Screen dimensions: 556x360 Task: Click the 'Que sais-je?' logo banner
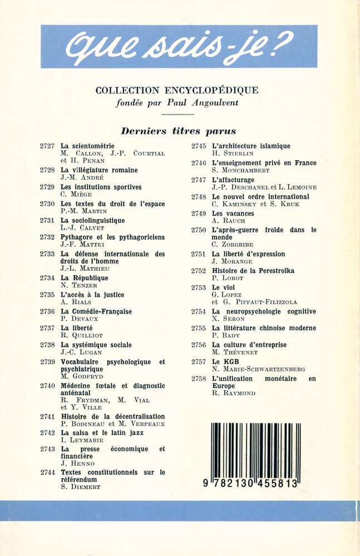(179, 46)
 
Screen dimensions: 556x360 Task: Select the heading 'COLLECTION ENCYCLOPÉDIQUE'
(177, 90)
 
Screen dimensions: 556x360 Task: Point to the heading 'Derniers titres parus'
(179, 131)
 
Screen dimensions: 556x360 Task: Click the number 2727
(47, 146)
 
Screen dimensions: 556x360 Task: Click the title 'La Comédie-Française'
(96, 311)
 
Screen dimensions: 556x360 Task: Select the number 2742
(47, 433)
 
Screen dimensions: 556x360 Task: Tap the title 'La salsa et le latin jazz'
(102, 433)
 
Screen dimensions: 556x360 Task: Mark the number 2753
(199, 287)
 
